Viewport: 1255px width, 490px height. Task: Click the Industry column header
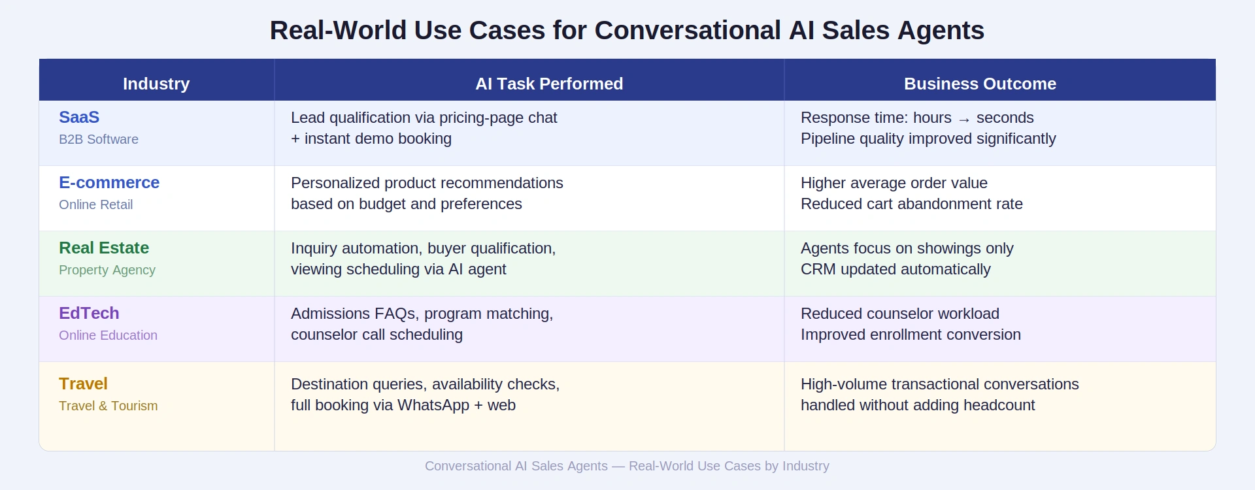coord(156,84)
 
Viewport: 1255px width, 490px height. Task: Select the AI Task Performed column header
coord(548,84)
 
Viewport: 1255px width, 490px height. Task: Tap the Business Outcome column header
coord(979,84)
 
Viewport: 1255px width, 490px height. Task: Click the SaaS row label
coord(79,118)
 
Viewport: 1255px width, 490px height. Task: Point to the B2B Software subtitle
coord(99,139)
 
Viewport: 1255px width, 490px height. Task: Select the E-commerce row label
coord(109,183)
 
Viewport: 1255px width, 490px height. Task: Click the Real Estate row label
coord(104,248)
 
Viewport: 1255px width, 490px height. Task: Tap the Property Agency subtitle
coord(107,270)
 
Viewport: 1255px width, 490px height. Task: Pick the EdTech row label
coord(89,314)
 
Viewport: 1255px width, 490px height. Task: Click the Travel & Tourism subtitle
coord(109,406)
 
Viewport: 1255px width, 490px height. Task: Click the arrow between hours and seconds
coord(963,119)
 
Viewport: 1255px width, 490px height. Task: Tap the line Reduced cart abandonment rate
coord(911,204)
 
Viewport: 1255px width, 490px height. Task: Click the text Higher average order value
coord(894,183)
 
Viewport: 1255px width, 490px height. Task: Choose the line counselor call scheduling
coord(376,335)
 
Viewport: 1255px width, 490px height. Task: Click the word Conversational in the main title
coord(687,31)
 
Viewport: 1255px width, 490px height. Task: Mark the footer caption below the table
coord(627,466)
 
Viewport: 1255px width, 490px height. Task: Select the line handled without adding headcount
coord(917,405)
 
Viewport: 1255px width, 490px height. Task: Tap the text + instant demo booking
coord(371,139)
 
